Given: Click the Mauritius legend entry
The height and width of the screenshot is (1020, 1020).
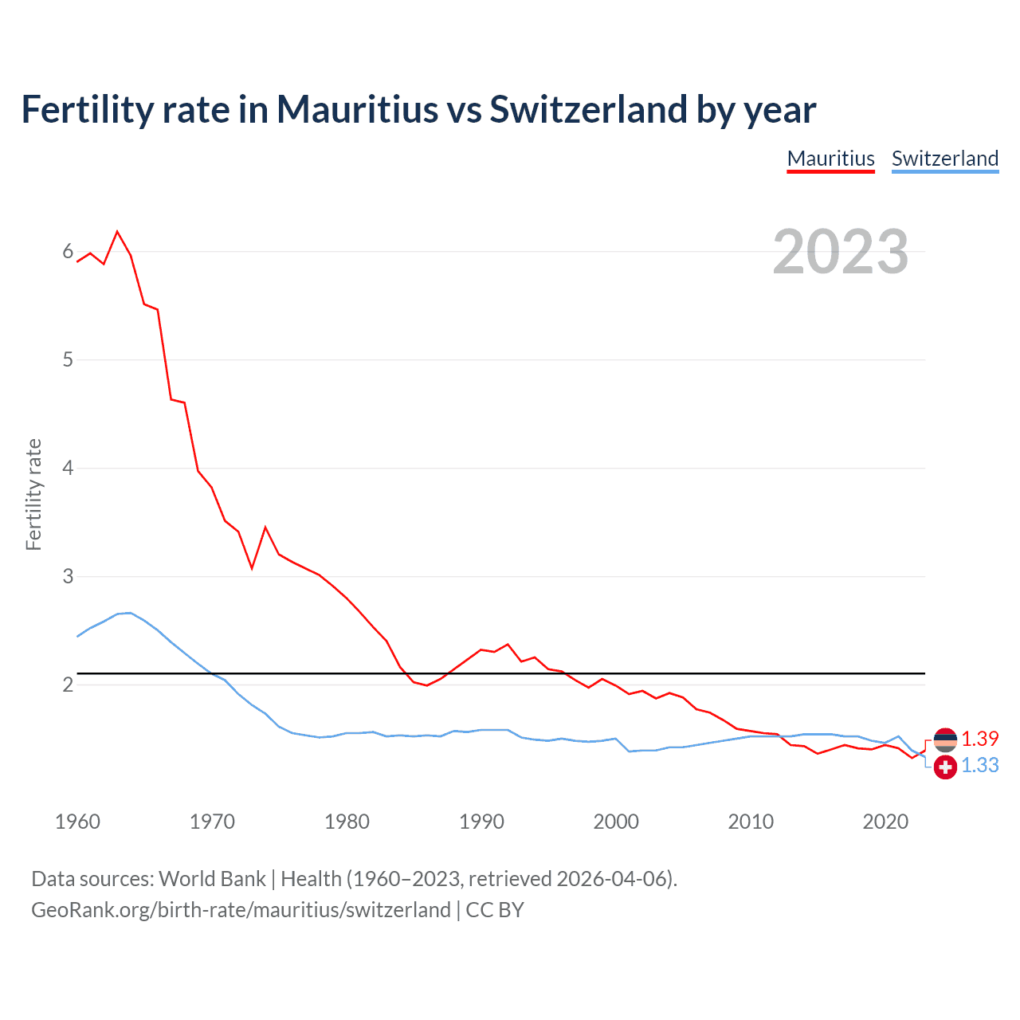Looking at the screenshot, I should (x=830, y=159).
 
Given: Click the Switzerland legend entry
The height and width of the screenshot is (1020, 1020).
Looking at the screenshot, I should (x=944, y=159).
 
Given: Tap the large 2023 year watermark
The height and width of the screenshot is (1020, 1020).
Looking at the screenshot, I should (x=840, y=252).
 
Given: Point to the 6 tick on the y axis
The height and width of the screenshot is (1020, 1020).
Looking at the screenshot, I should (x=68, y=252).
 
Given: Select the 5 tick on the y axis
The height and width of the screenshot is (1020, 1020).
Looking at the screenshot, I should (x=68, y=359).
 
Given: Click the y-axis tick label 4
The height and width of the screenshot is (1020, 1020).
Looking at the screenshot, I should (x=68, y=468).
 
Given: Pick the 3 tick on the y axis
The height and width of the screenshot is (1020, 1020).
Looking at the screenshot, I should (x=68, y=576).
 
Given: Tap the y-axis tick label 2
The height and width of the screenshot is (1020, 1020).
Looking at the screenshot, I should (x=68, y=685).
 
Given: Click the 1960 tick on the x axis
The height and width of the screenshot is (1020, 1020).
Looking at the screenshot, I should (x=77, y=822).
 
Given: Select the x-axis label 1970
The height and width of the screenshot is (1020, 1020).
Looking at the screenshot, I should (x=212, y=822).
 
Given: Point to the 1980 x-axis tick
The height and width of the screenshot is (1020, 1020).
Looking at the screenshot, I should (x=347, y=822).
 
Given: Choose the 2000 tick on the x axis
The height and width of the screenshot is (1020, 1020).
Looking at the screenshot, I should (x=616, y=822).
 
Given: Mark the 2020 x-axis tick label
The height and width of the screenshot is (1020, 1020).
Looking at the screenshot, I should (x=885, y=822).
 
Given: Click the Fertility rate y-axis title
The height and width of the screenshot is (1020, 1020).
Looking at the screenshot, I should (x=33, y=494).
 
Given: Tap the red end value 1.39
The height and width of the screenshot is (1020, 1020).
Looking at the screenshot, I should (x=979, y=739).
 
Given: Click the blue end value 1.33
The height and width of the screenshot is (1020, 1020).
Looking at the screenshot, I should (x=979, y=765).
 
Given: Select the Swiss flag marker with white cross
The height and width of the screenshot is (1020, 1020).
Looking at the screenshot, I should (x=945, y=767).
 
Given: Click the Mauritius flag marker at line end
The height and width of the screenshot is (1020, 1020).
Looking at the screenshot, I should (x=945, y=740).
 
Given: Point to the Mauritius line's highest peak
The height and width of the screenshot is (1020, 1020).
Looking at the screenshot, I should (x=117, y=232).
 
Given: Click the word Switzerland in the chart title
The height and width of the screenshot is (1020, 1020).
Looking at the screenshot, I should (x=588, y=109).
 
